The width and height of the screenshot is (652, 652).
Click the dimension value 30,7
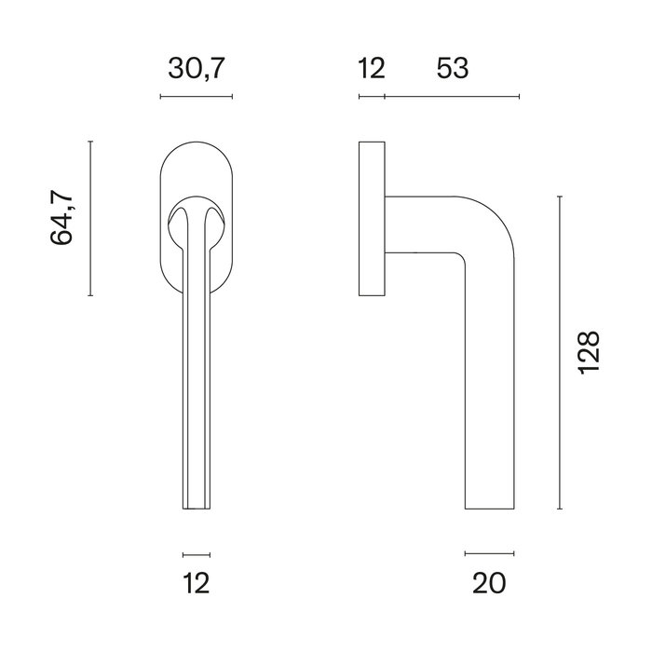[197, 68]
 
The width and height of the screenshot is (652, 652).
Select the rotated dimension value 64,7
[61, 218]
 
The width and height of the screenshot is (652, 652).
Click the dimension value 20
[488, 583]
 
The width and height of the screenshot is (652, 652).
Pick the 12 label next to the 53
[371, 68]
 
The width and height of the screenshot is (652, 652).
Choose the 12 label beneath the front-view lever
[197, 583]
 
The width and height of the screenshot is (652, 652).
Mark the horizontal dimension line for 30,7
[197, 96]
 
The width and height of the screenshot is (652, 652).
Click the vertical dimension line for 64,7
[90, 218]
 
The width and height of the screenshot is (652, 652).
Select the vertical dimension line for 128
[559, 353]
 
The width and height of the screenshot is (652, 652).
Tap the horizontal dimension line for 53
[452, 96]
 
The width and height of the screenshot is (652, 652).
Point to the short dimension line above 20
[489, 553]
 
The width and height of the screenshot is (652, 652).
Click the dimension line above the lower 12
[197, 553]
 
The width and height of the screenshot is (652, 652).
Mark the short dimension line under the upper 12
[372, 96]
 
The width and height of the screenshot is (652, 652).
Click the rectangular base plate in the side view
[372, 219]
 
